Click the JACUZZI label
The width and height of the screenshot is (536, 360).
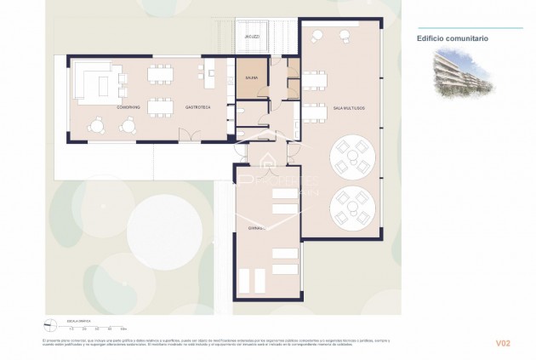click(x=251, y=37)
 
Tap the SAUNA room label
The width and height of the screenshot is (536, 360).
click(x=251, y=78)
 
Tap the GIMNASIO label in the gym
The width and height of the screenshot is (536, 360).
click(x=253, y=228)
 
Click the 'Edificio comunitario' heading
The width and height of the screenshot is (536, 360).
click(x=452, y=38)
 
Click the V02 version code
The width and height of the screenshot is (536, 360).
click(x=503, y=343)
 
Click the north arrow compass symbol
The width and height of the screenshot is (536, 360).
click(x=50, y=323)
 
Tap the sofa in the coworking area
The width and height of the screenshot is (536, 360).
click(x=100, y=83)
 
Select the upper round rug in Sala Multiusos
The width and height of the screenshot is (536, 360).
click(x=351, y=156)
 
